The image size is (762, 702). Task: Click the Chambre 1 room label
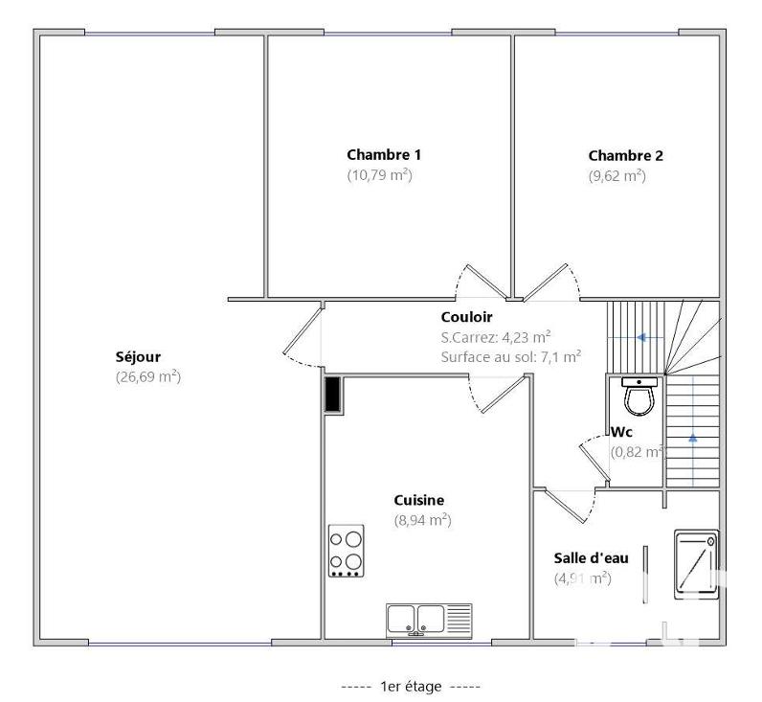tap(384, 154)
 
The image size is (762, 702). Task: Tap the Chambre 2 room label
tap(625, 155)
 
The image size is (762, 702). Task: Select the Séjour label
tap(138, 356)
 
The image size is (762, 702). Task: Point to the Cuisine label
tap(419, 500)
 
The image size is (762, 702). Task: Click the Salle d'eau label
tap(591, 558)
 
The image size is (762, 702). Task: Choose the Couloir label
tap(466, 317)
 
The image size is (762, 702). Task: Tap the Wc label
tap(622, 432)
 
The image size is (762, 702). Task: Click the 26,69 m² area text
tap(147, 376)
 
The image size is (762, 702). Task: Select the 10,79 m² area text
tap(379, 175)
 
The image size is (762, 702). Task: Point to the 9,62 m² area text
tap(617, 176)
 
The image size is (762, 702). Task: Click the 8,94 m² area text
tap(422, 520)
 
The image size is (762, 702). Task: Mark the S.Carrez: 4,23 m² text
tap(495, 336)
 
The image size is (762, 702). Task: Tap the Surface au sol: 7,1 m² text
tap(511, 356)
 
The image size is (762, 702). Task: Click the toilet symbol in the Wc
tap(639, 392)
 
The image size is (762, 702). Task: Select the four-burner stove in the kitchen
tap(346, 551)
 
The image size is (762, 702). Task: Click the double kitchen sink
tap(429, 620)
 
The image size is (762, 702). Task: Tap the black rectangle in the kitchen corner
tap(332, 395)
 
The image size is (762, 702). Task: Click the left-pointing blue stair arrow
tap(641, 337)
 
